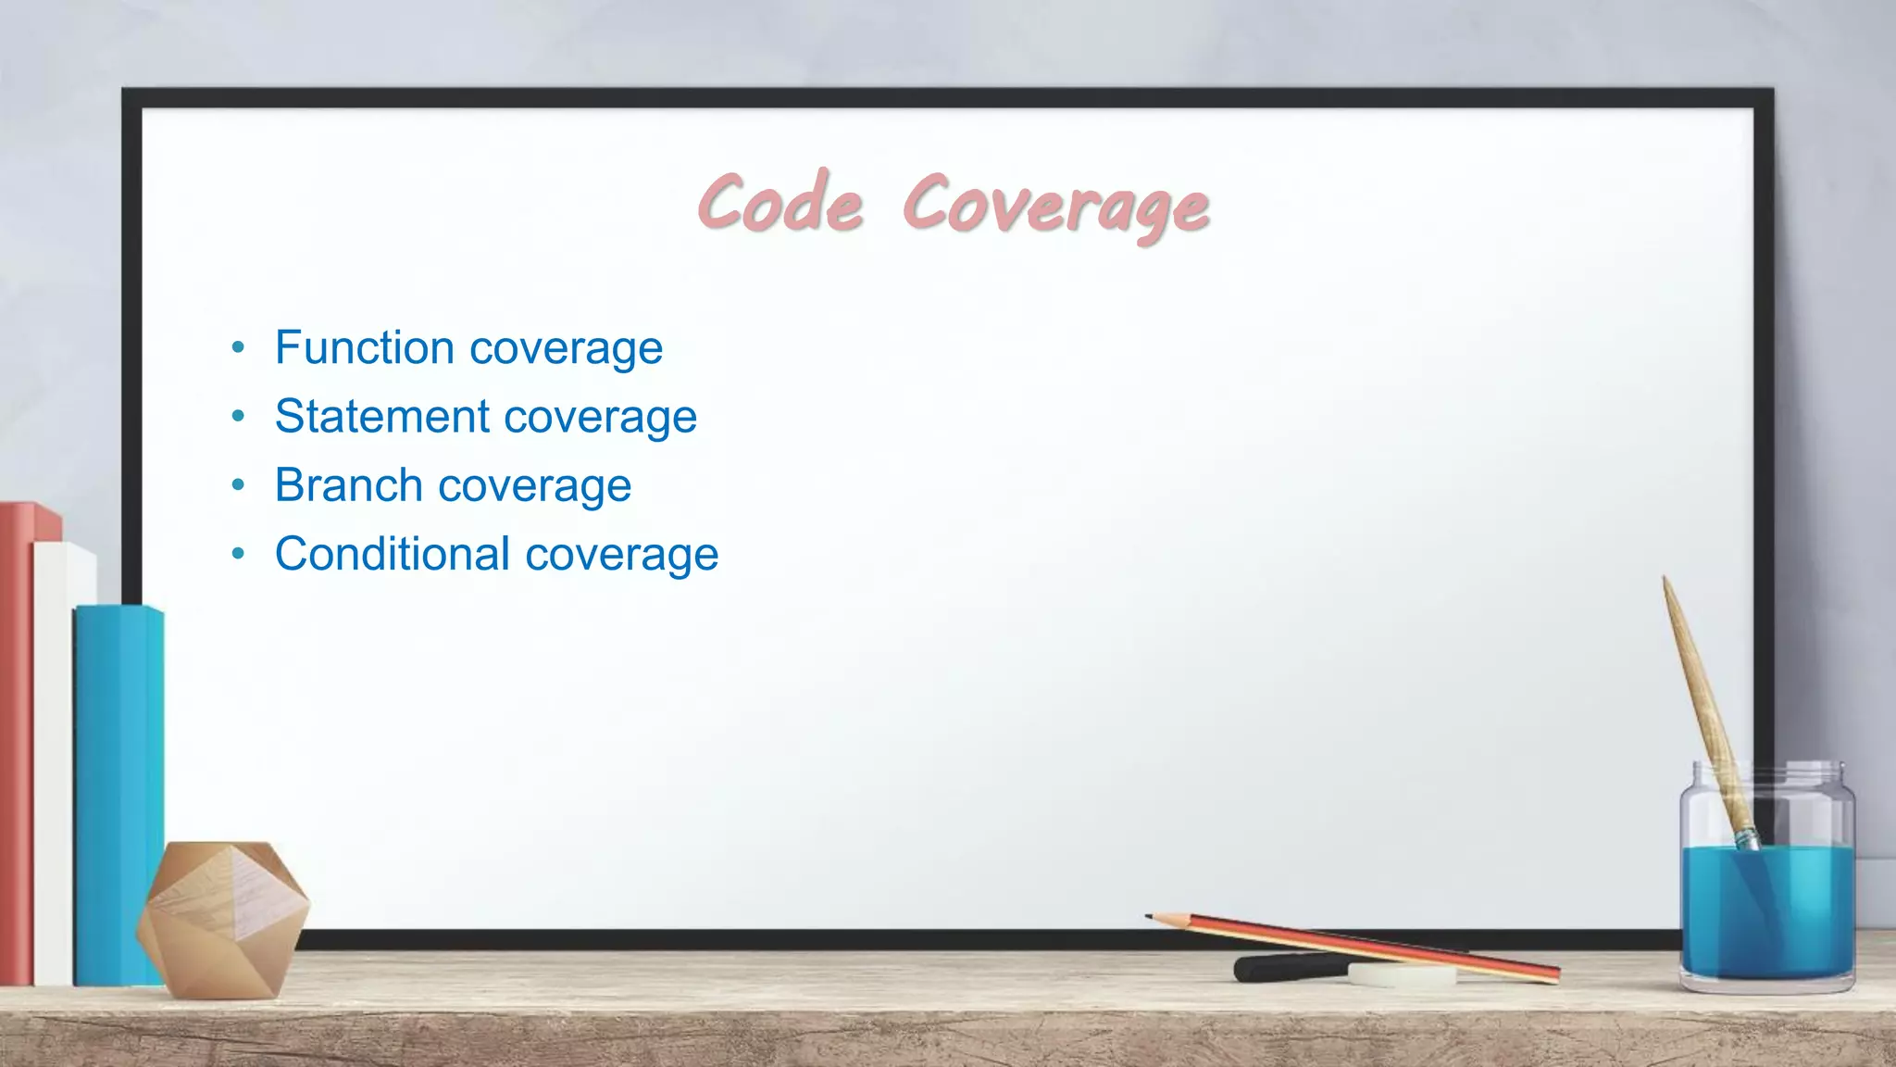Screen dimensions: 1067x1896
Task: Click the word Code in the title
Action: point(780,203)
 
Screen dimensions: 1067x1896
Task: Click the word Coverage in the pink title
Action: point(1055,206)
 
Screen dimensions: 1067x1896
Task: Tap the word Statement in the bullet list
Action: point(382,416)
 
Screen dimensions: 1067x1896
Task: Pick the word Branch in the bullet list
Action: point(348,485)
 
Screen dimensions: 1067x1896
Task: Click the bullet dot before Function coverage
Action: point(239,348)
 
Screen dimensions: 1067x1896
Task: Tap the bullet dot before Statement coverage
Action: point(239,417)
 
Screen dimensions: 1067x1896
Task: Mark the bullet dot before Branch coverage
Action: point(239,485)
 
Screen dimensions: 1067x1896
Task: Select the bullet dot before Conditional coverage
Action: point(239,554)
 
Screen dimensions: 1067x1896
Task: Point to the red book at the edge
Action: point(16,741)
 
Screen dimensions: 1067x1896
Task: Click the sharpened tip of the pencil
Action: point(1151,917)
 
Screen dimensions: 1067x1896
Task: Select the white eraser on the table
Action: point(1401,974)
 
